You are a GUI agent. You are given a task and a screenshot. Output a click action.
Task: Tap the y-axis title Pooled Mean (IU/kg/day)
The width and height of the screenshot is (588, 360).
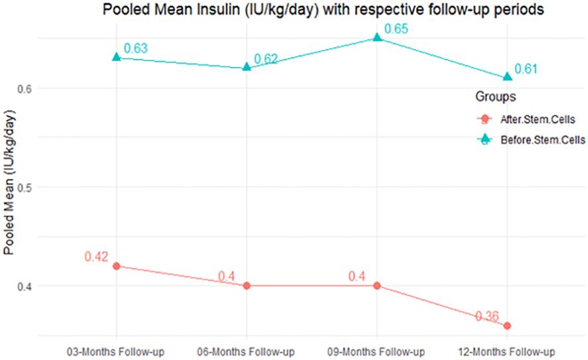pyautogui.click(x=9, y=180)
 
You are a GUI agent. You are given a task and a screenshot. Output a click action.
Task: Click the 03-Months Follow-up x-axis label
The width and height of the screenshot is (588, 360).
pyautogui.click(x=117, y=351)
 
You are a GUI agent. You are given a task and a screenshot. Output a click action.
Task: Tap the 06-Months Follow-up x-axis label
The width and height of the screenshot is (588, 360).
pyautogui.click(x=247, y=351)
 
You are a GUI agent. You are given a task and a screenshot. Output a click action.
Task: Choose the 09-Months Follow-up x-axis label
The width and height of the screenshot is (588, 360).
pyautogui.click(x=377, y=351)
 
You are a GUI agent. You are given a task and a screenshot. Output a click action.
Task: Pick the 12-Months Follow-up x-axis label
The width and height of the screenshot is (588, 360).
pyautogui.click(x=507, y=351)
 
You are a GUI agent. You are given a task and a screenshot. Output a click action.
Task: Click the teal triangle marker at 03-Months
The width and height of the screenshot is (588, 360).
pyautogui.click(x=117, y=57)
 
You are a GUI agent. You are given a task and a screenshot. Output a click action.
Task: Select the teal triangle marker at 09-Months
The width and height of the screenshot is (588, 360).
pyautogui.click(x=377, y=37)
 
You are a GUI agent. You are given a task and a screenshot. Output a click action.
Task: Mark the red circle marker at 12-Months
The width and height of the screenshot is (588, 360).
pyautogui.click(x=507, y=325)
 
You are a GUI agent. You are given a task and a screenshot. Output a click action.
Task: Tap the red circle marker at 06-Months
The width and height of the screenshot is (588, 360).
pyautogui.click(x=247, y=286)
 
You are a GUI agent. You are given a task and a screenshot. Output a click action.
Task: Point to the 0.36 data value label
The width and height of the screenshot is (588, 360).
pyautogui.click(x=487, y=316)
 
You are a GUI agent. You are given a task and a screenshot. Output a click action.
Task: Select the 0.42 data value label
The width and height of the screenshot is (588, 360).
pyautogui.click(x=96, y=256)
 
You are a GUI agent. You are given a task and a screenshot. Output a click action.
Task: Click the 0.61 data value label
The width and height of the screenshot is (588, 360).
pyautogui.click(x=526, y=69)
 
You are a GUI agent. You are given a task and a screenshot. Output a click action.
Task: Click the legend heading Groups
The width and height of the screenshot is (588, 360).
pyautogui.click(x=496, y=97)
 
